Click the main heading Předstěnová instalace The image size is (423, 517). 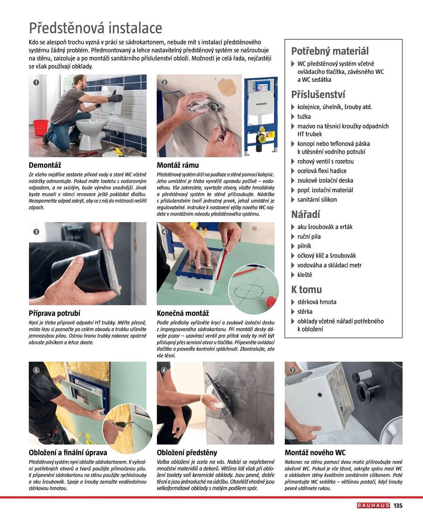(x=95, y=28)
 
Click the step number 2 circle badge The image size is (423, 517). (x=164, y=82)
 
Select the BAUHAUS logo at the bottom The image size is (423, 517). (x=373, y=505)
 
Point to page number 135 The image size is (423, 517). (x=398, y=506)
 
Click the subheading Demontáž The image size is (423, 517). (x=45, y=165)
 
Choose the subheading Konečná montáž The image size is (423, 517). (x=183, y=313)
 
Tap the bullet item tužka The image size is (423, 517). (x=304, y=117)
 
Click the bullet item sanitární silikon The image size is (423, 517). (x=317, y=200)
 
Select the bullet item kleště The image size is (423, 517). (x=305, y=275)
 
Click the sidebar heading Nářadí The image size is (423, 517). (x=306, y=215)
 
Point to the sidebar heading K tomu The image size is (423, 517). (x=306, y=290)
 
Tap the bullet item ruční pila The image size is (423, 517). (x=309, y=237)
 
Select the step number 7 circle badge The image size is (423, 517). (x=292, y=370)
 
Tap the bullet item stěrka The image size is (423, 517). (x=305, y=312)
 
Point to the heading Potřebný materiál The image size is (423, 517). (x=330, y=51)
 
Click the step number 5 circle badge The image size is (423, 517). (x=36, y=370)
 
